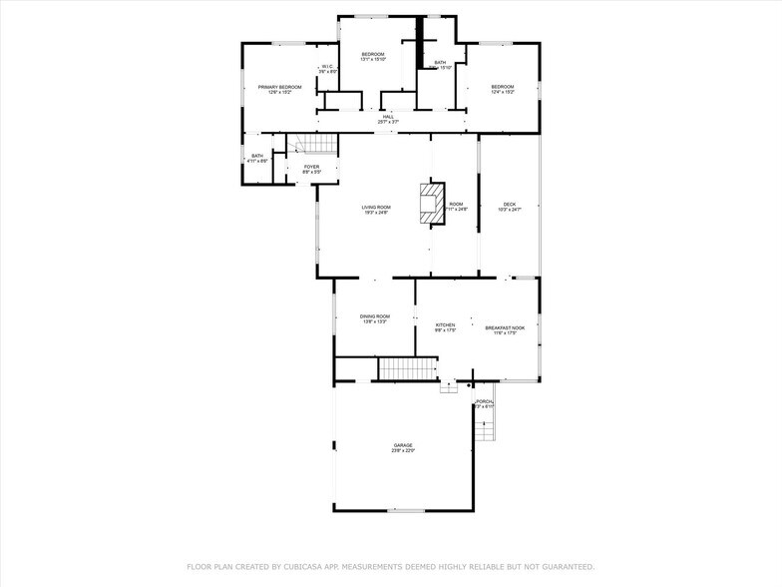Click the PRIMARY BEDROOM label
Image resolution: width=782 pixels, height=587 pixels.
[x=279, y=87]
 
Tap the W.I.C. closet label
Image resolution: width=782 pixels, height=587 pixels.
[x=328, y=67]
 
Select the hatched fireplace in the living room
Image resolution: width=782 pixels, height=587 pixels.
[x=433, y=202]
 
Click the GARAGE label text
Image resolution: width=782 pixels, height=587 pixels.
[x=402, y=445]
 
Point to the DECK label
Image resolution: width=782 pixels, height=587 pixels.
[x=510, y=204]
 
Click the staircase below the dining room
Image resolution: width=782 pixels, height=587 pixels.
[x=407, y=368]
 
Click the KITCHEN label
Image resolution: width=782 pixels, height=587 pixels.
[x=445, y=324]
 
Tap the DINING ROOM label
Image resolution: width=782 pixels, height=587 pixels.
[x=375, y=316]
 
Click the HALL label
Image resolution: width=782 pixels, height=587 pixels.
[x=388, y=116]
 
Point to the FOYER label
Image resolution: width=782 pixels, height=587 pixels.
[x=312, y=167]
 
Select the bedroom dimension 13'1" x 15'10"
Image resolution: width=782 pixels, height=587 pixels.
[x=373, y=60]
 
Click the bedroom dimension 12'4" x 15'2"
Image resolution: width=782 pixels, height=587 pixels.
[x=502, y=93]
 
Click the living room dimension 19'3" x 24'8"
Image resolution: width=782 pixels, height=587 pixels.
[x=375, y=213]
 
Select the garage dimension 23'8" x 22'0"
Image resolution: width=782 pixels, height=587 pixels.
[x=402, y=451]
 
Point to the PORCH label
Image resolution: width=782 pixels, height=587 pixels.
[x=485, y=401]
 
